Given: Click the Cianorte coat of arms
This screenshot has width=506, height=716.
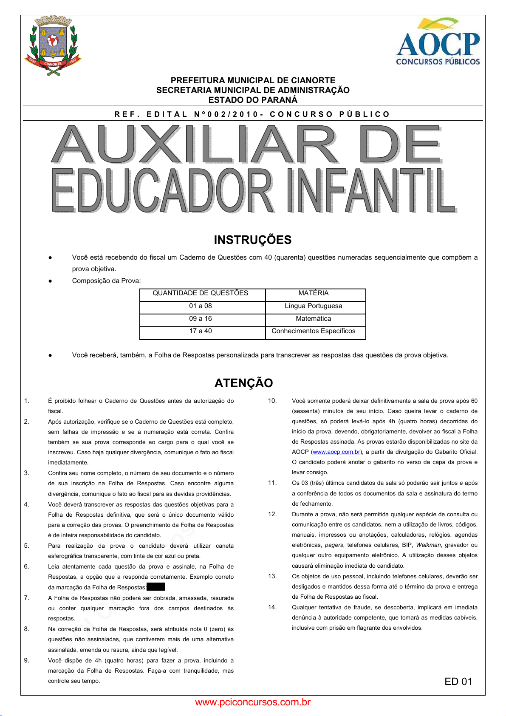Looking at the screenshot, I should (53, 45).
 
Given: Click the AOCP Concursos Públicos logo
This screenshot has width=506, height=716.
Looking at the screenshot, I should (438, 42).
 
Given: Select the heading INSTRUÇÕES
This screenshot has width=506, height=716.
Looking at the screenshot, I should (253, 240).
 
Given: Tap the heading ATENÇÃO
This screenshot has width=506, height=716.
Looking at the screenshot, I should (244, 383).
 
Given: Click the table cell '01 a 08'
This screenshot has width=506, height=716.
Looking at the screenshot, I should (201, 306).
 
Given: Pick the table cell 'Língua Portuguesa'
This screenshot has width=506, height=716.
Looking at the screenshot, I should (314, 306).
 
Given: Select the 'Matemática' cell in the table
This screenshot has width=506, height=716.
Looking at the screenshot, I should (314, 319).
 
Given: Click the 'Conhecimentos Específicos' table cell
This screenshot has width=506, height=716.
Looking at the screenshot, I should (314, 331).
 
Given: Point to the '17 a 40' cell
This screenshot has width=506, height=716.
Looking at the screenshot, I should (201, 331).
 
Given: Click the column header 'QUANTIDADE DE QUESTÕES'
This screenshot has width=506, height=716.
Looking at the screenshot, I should (201, 293).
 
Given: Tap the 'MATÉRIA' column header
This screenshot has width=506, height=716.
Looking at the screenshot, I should (314, 293).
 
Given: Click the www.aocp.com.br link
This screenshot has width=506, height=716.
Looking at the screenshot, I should (336, 452).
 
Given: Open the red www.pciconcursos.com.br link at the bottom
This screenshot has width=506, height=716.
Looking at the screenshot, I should (253, 702).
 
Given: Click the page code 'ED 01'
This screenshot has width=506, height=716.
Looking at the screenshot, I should (458, 682).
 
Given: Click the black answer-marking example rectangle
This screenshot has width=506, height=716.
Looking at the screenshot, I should (155, 587).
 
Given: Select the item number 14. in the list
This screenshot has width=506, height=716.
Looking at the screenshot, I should (272, 607).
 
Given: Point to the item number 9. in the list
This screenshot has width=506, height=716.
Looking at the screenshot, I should (27, 660).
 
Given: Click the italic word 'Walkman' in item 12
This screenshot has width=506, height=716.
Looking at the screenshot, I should (428, 545).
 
